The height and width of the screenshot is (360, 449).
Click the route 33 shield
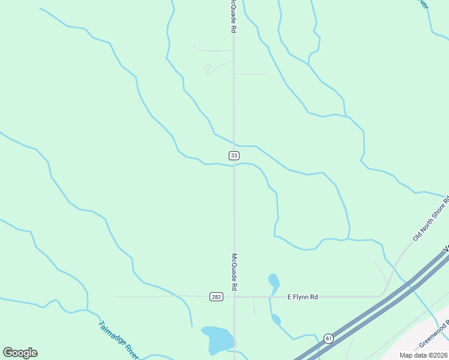click(234, 155)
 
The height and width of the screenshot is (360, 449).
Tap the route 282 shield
click(217, 297)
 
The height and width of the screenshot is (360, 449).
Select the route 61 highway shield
click(328, 338)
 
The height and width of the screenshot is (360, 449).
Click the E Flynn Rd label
click(302, 296)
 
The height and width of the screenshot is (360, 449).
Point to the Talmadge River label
click(118, 340)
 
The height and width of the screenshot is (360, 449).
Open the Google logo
click(20, 353)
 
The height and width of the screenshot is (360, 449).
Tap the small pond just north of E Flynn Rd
click(274, 281)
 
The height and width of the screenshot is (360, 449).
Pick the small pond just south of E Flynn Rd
click(276, 319)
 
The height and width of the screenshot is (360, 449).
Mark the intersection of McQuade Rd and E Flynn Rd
click(234, 296)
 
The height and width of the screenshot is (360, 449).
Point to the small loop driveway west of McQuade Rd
click(209, 68)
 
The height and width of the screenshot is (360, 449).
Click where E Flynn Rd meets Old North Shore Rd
click(382, 295)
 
